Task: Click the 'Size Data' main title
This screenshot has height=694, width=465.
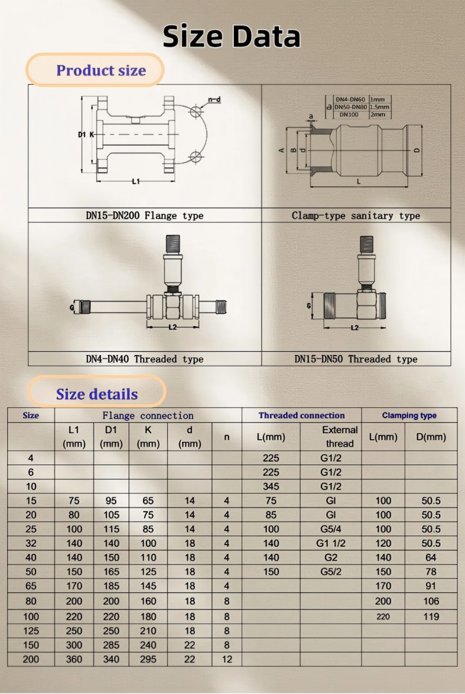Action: click(231, 36)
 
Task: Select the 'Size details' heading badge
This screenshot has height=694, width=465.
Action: click(96, 394)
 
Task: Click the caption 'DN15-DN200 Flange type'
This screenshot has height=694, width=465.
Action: click(145, 215)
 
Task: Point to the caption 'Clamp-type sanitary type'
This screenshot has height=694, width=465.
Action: click(356, 215)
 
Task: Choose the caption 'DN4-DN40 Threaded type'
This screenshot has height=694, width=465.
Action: click(145, 359)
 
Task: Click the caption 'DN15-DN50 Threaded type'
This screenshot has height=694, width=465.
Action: click(356, 359)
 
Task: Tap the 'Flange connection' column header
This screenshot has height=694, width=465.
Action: click(148, 415)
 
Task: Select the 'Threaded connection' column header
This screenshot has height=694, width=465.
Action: click(302, 415)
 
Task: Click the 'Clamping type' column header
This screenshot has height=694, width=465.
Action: click(409, 415)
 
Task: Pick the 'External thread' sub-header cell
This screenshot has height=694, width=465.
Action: click(339, 437)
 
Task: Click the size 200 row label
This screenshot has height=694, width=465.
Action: click(31, 659)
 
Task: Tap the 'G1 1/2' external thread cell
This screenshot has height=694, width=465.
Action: click(331, 543)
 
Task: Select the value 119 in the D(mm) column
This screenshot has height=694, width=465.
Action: click(431, 616)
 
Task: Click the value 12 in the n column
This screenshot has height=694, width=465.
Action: click(227, 659)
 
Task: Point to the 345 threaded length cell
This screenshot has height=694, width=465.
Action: click(271, 486)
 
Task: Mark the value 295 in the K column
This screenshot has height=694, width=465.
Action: click(148, 659)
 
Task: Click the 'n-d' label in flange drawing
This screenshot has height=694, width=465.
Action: click(214, 99)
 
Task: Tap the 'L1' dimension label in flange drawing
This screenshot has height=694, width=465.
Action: click(136, 182)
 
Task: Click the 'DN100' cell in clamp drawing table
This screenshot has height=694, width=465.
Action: click(349, 114)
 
